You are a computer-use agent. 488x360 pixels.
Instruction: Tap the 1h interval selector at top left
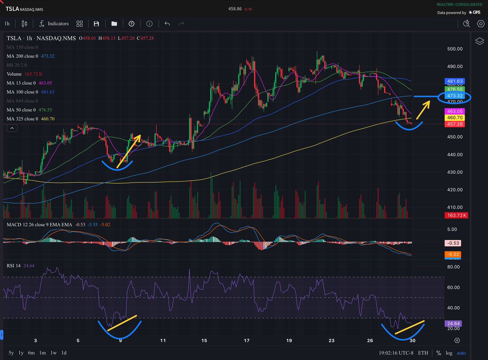[7, 24]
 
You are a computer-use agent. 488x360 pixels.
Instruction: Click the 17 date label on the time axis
[247, 341]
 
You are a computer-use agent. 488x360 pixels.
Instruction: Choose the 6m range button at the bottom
[31, 353]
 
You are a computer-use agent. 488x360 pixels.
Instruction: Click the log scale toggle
[449, 353]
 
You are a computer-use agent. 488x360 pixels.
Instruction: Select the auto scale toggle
[461, 353]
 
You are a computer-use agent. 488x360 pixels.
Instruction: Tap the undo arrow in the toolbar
[167, 24]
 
